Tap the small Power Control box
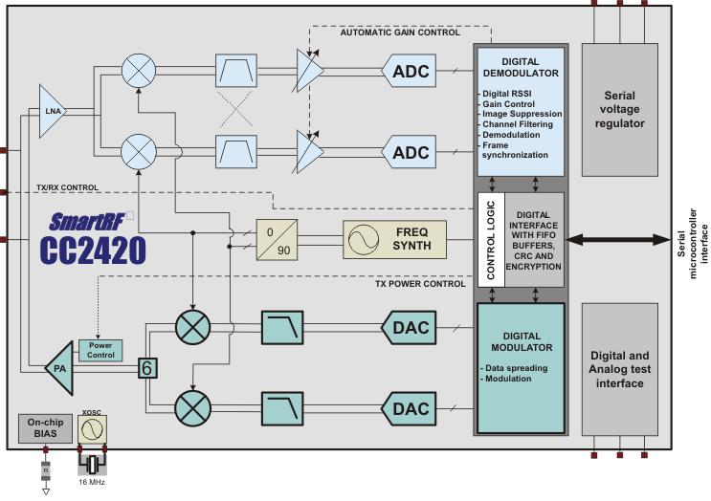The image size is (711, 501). (101, 350)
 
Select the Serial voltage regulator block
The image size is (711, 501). (626, 110)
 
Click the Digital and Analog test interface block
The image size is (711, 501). (626, 370)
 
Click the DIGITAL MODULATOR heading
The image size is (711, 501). (522, 343)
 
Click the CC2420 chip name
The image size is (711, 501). (93, 250)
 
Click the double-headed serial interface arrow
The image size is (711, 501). (622, 239)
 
